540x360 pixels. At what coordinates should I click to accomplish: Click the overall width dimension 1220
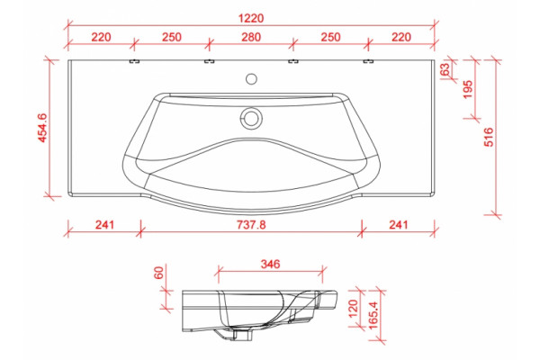[251, 18]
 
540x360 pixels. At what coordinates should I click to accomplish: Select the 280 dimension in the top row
[251, 37]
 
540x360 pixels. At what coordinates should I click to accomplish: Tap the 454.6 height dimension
[42, 128]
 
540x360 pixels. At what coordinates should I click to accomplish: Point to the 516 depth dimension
[489, 137]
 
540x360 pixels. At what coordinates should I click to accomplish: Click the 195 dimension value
[468, 90]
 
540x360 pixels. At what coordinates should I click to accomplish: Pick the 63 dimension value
[445, 69]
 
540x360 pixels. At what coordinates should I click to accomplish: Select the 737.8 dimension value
[251, 225]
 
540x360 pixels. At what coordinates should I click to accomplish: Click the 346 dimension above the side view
[270, 265]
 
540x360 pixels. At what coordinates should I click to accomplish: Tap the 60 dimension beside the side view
[159, 274]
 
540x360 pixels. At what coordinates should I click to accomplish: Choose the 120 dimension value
[354, 309]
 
